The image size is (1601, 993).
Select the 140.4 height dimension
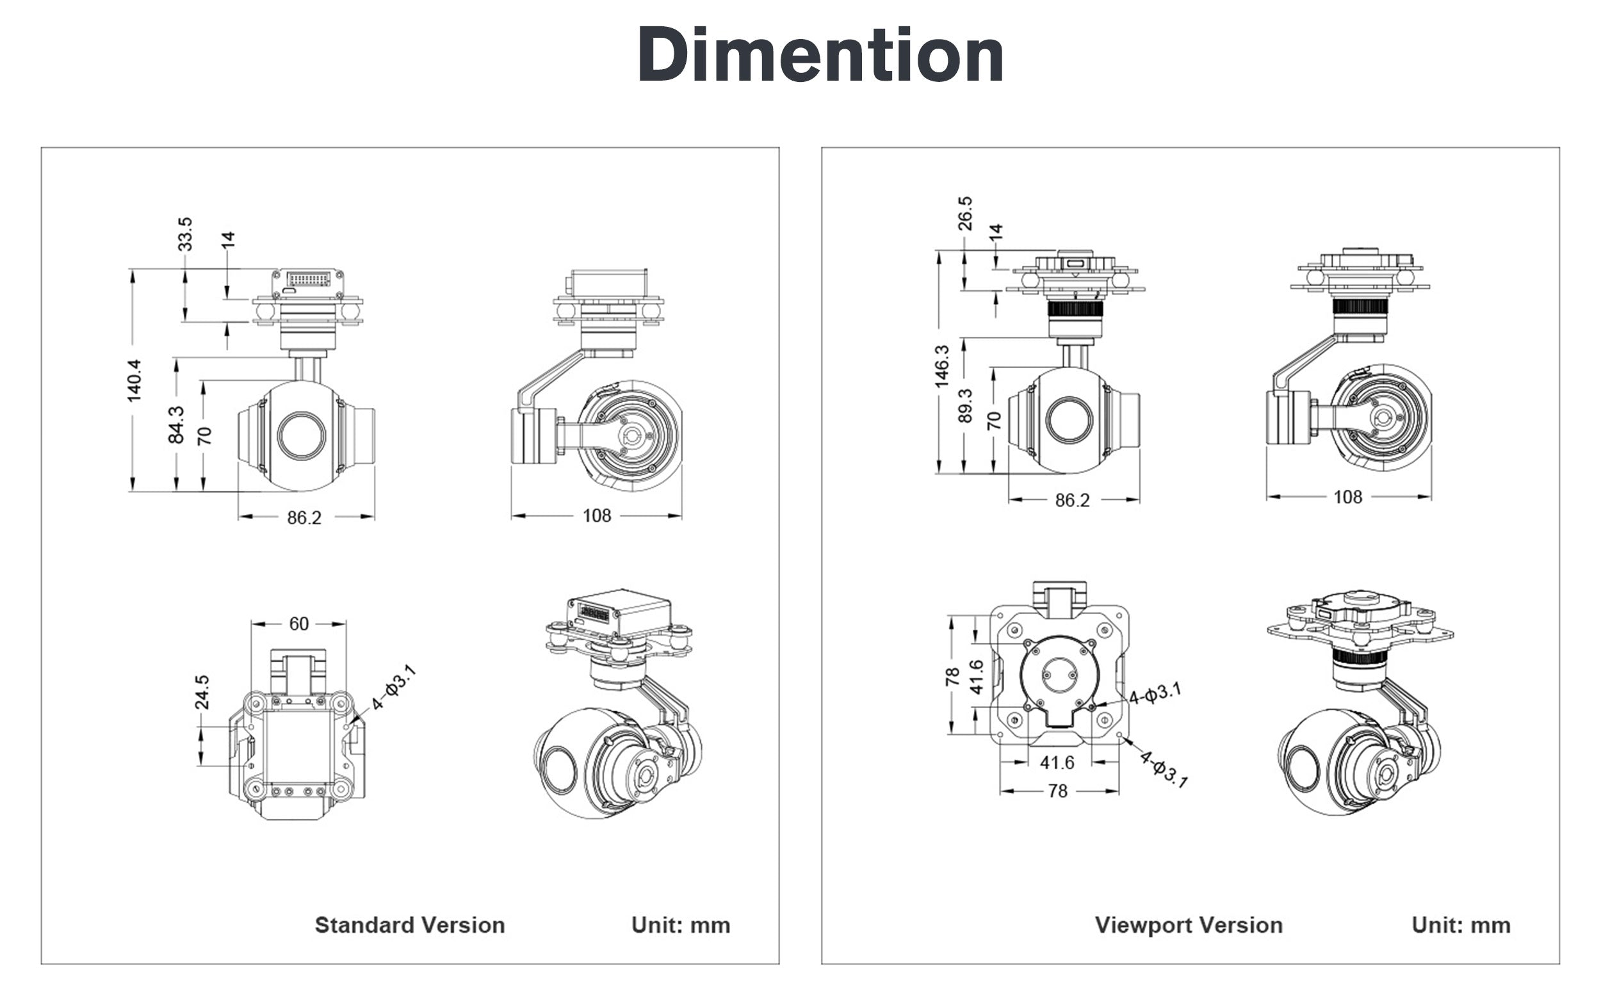(x=134, y=380)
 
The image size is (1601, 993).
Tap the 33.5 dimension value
(x=185, y=234)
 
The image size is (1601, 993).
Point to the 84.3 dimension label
(x=176, y=424)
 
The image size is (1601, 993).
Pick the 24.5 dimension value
(x=202, y=692)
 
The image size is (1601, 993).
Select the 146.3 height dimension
(x=941, y=366)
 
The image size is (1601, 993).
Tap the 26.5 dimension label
(x=965, y=213)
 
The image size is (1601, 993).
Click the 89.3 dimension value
(x=965, y=405)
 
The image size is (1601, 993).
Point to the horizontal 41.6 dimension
(x=1057, y=763)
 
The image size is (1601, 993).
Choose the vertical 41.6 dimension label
(x=977, y=677)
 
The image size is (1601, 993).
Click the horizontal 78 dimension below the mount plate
(x=1058, y=791)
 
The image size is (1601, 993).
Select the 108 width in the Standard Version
(x=596, y=515)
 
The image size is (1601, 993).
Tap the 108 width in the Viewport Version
(x=1347, y=497)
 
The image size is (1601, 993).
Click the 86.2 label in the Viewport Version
(x=1072, y=501)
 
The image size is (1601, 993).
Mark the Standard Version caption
(x=410, y=924)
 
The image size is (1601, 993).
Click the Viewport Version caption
(x=1189, y=924)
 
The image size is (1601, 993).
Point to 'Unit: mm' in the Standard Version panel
(x=681, y=924)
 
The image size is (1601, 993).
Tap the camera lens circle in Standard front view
(x=302, y=435)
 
